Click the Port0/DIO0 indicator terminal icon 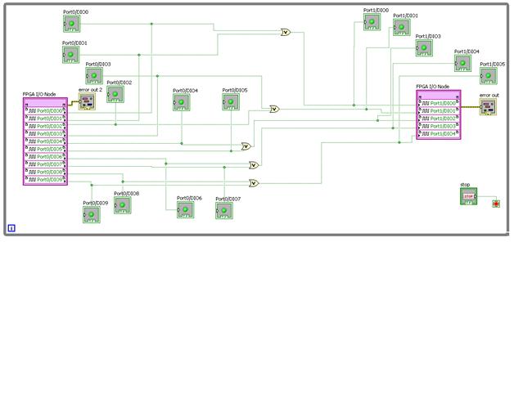72,25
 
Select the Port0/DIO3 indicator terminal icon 95,77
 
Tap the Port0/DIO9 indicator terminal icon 92,214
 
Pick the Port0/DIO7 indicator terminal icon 224,211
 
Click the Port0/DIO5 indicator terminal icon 232,102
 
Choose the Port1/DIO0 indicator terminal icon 372,22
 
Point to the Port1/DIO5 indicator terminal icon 489,76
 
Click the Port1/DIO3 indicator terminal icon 424,48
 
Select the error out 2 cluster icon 87,101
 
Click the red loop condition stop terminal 495,203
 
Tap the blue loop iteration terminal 11,228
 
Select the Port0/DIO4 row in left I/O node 45,141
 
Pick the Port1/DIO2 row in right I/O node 439,119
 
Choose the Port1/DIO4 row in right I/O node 439,134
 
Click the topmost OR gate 285,33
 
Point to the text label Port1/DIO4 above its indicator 467,52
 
